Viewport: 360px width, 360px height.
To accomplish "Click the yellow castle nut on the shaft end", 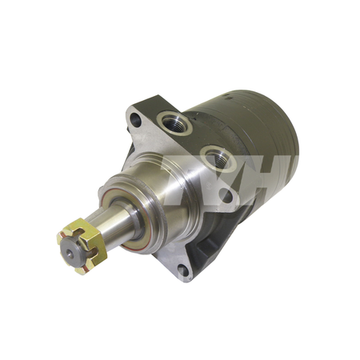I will (78, 245).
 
